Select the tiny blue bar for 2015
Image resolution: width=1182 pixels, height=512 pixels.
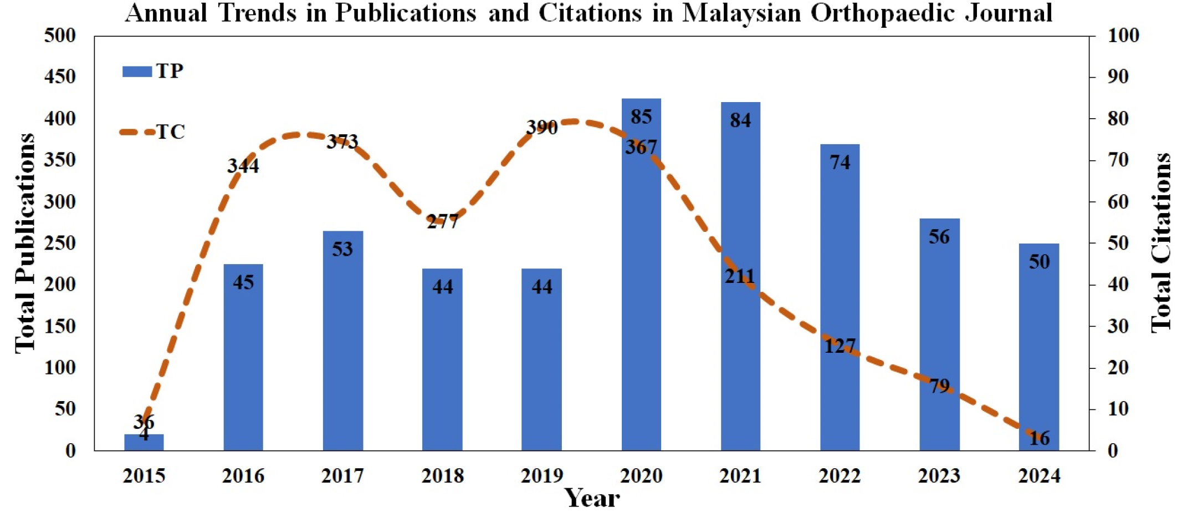[x=144, y=443]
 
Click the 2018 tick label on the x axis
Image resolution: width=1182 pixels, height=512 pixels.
[x=442, y=476]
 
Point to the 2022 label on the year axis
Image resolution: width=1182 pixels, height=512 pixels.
[x=840, y=476]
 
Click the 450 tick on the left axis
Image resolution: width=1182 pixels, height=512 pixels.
[x=60, y=77]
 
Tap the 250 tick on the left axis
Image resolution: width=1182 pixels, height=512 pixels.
[x=60, y=243]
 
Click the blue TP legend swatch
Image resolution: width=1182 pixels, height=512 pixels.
[x=137, y=72]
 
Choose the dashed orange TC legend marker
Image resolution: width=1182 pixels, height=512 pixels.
[x=137, y=132]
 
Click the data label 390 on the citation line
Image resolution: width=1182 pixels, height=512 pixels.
[x=541, y=128]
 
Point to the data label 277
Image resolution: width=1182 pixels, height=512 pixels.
[x=442, y=222]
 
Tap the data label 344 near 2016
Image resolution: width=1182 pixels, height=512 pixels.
[x=243, y=166]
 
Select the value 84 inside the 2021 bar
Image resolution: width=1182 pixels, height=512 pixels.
[x=740, y=120]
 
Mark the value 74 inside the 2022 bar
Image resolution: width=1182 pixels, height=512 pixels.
[x=840, y=162]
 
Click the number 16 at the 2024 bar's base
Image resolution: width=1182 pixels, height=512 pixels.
[x=1039, y=438]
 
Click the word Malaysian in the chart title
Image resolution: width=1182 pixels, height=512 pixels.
[x=741, y=13]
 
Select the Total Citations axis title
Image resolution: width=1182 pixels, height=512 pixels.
[x=1161, y=243]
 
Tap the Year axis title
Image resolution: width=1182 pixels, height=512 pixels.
[x=591, y=498]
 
